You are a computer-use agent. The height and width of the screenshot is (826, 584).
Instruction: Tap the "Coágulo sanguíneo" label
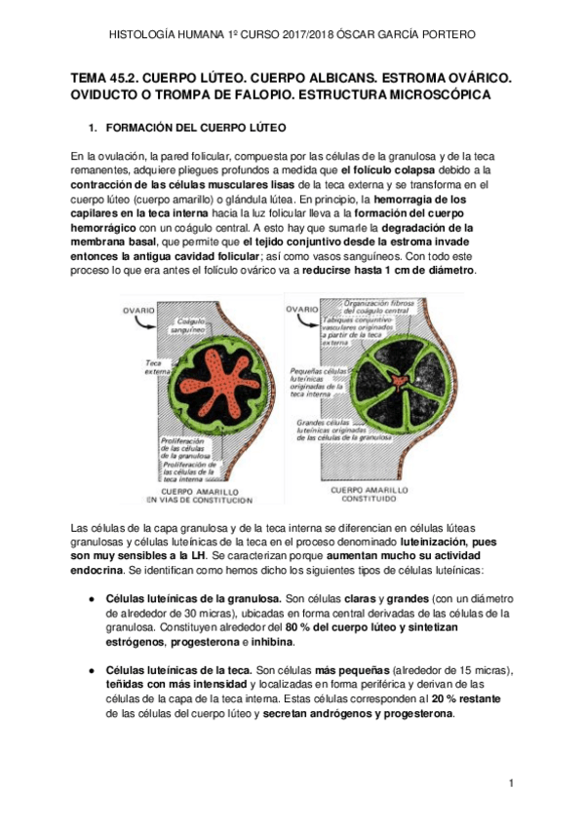[x=185, y=325]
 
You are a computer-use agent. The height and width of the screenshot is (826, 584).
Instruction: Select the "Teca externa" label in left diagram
[x=134, y=366]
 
